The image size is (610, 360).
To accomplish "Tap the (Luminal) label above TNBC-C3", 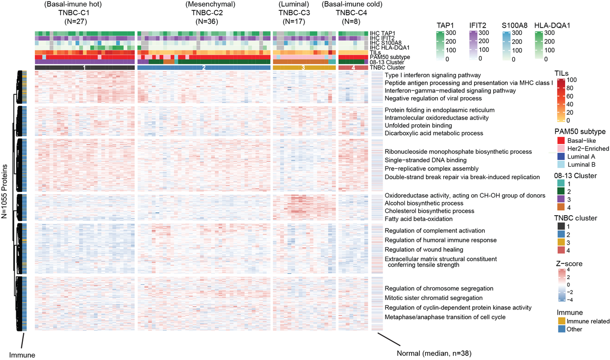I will [x=294, y=4].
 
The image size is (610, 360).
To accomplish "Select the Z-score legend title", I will [x=569, y=263].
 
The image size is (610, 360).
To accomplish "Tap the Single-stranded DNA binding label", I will [x=425, y=160].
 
